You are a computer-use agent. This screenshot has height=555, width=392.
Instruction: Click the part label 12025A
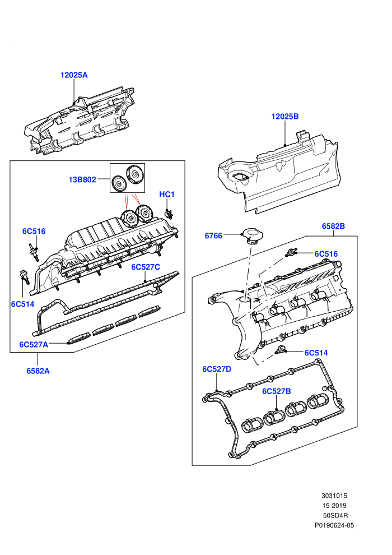74,75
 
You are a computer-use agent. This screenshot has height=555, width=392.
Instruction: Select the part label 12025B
285,117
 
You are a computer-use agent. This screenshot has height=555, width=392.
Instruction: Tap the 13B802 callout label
82,180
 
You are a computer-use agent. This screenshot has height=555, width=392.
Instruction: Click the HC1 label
167,195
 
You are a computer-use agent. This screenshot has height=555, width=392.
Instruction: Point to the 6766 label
213,235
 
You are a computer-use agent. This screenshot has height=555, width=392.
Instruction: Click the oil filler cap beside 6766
251,236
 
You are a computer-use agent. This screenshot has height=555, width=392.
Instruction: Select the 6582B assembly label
333,226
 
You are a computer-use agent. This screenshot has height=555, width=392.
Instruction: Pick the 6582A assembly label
38,371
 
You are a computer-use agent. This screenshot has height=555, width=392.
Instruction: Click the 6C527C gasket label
146,267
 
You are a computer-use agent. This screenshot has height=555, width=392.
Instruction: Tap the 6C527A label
34,344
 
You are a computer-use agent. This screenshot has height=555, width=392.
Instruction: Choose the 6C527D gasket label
217,369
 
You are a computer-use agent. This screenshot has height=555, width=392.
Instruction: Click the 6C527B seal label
277,391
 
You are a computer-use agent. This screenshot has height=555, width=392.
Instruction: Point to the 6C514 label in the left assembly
22,304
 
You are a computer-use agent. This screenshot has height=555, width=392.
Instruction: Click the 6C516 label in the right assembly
326,254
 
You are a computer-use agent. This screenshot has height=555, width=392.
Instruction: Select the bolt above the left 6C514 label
25,277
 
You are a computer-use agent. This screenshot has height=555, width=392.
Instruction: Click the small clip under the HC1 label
169,213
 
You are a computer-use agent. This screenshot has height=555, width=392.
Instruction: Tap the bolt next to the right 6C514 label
281,350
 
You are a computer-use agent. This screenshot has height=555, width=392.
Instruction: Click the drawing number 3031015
334,496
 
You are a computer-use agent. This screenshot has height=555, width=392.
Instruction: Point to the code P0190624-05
334,526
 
